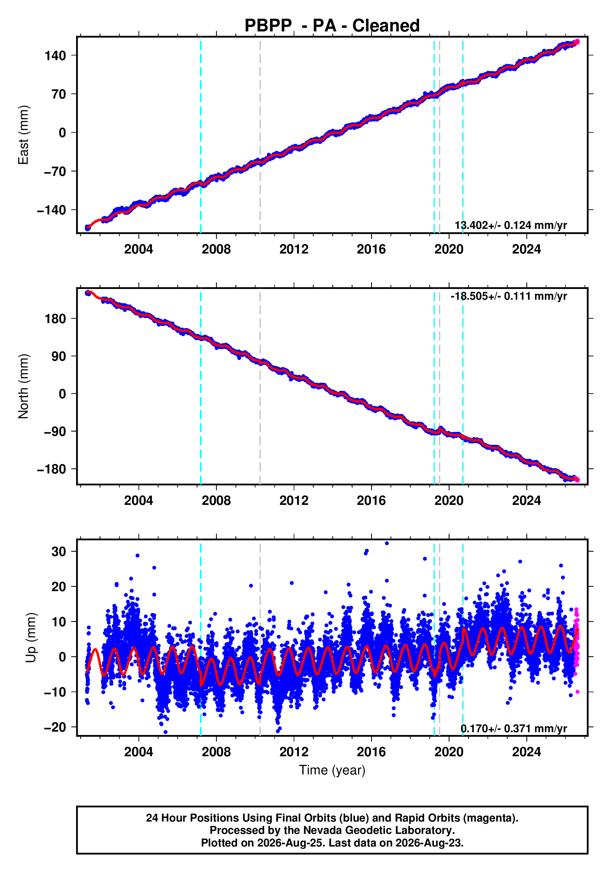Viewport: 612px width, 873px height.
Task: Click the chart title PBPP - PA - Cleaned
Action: [332, 26]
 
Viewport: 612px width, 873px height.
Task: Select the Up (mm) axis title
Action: [31, 638]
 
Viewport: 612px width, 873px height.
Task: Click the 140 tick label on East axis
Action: [55, 56]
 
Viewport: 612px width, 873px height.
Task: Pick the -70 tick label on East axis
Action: [55, 172]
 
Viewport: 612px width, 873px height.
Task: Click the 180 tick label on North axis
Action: [55, 319]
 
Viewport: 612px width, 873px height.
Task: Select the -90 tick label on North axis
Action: [55, 432]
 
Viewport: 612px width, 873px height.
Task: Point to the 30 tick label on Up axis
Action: [59, 551]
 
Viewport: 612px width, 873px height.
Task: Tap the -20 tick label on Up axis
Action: [55, 727]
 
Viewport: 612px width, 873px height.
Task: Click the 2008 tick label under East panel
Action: [216, 250]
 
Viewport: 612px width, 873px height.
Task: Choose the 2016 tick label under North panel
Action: [371, 501]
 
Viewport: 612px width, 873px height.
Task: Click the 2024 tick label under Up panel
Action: [526, 752]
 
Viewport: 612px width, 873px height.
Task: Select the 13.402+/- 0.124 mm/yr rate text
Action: [511, 225]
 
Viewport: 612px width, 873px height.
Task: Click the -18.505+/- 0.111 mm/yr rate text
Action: [509, 296]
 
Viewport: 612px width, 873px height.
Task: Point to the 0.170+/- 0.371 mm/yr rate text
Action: [514, 729]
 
